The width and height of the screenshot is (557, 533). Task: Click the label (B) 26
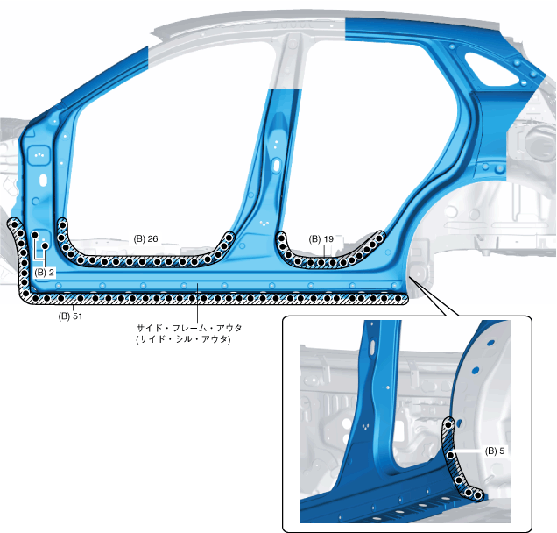[x=145, y=238]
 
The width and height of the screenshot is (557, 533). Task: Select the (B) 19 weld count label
[x=321, y=238]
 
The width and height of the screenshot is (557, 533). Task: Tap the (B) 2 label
[x=46, y=273]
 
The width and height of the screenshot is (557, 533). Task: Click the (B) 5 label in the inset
[x=497, y=451]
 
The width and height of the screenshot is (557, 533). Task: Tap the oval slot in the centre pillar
[x=277, y=165]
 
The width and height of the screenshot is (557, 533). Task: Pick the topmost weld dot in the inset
[x=450, y=423]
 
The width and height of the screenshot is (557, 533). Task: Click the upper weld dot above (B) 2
[x=35, y=236]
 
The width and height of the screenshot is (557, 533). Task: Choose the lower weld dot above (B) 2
[x=45, y=248]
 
